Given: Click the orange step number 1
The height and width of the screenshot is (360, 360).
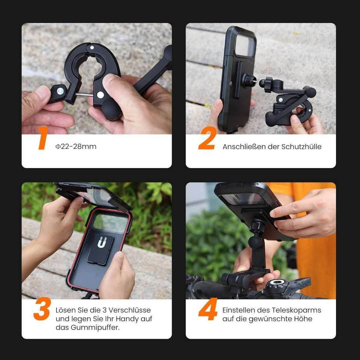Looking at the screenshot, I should pyautogui.click(x=42, y=138).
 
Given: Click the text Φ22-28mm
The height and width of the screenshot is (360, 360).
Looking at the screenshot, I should pyautogui.click(x=76, y=147).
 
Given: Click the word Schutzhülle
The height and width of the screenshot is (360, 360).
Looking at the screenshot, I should pyautogui.click(x=302, y=147).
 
